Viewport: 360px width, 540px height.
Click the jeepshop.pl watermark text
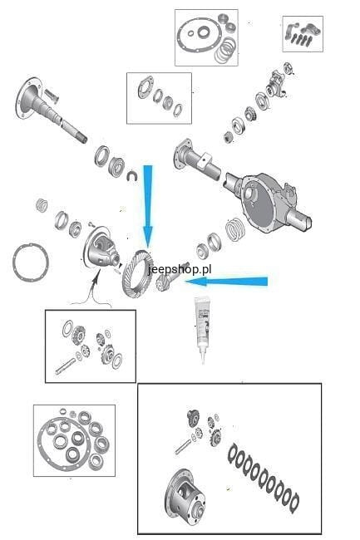pos(180,269)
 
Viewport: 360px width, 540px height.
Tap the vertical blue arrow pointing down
pos(148,206)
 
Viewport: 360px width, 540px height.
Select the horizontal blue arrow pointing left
pos(226,282)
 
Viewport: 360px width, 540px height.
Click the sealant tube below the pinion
pos(203,329)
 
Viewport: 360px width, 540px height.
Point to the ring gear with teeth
pos(137,274)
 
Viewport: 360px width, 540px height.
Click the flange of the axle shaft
pos(27,96)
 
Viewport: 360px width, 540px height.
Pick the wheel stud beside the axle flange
pos(52,96)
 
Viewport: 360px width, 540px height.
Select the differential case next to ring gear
pos(101,248)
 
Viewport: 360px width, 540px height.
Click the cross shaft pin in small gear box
pos(65,366)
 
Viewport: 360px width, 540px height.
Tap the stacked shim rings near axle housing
pos(236,229)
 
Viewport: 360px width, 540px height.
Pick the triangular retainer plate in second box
pos(146,86)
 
